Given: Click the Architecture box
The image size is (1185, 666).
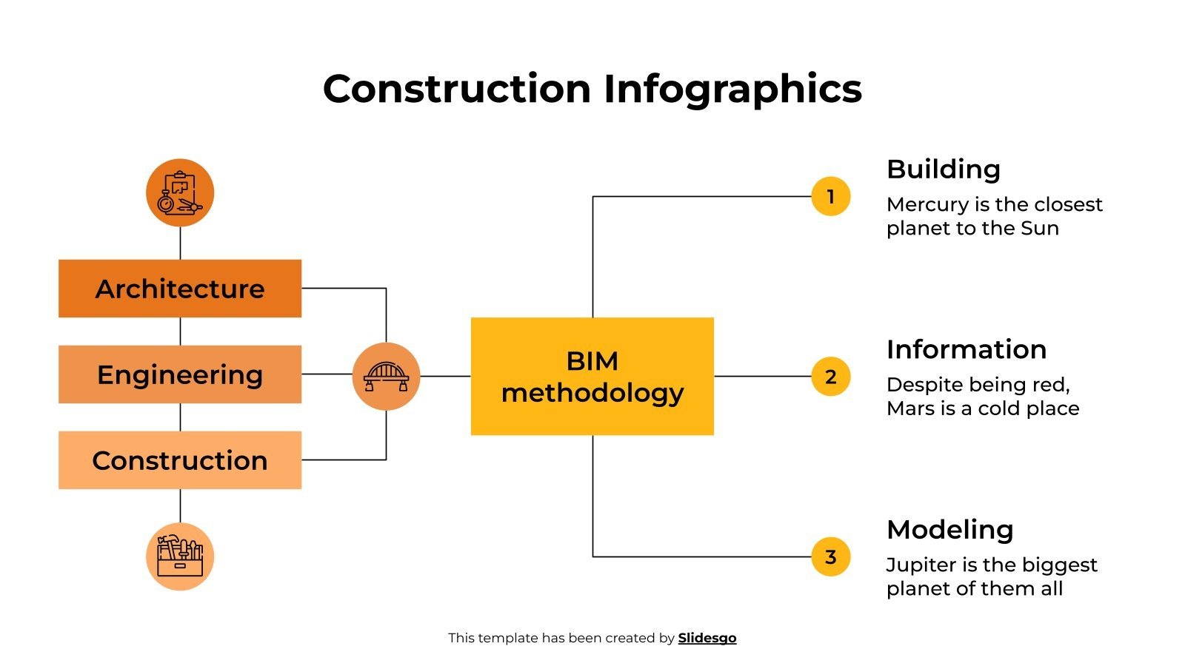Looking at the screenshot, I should pyautogui.click(x=180, y=289).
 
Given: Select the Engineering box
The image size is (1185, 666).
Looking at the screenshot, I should pyautogui.click(x=180, y=374).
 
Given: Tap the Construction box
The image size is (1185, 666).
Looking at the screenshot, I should pyautogui.click(x=180, y=460).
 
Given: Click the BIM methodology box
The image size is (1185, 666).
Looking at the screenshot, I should pyautogui.click(x=592, y=376).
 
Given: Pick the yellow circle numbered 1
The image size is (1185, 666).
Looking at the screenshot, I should pyautogui.click(x=830, y=197).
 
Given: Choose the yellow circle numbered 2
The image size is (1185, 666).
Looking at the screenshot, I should pyautogui.click(x=830, y=377).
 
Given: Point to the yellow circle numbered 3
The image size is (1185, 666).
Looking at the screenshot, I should pyautogui.click(x=830, y=556).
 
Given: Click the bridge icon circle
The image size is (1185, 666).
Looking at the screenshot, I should pyautogui.click(x=386, y=376).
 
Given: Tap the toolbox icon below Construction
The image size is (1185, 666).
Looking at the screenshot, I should pyautogui.click(x=180, y=556).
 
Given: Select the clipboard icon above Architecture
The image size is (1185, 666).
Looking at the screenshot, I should pyautogui.click(x=180, y=192).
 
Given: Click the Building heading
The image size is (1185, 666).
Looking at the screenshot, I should pyautogui.click(x=943, y=169).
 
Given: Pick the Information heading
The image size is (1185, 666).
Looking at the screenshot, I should pyautogui.click(x=967, y=349).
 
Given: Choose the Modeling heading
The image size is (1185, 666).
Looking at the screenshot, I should pyautogui.click(x=949, y=530).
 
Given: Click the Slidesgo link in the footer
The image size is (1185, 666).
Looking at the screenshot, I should pyautogui.click(x=707, y=638).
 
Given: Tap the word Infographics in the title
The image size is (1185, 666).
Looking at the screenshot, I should pyautogui.click(x=732, y=89).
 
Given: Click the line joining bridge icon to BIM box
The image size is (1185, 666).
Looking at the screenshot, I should pyautogui.click(x=445, y=376).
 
